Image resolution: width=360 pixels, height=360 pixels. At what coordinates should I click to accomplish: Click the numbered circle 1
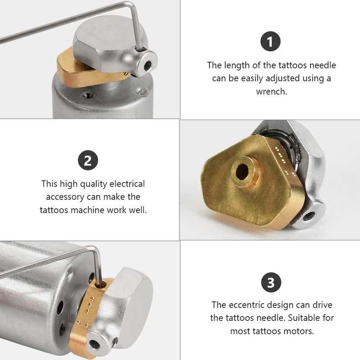270,41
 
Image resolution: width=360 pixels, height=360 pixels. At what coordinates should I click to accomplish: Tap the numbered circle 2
88,160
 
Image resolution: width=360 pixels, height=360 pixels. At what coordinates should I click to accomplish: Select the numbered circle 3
271,282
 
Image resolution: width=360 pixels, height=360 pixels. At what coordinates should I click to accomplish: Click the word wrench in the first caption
271,92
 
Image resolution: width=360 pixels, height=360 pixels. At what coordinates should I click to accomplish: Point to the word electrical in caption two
127,184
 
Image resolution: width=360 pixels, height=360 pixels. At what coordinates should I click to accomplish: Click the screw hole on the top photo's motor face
88,94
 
